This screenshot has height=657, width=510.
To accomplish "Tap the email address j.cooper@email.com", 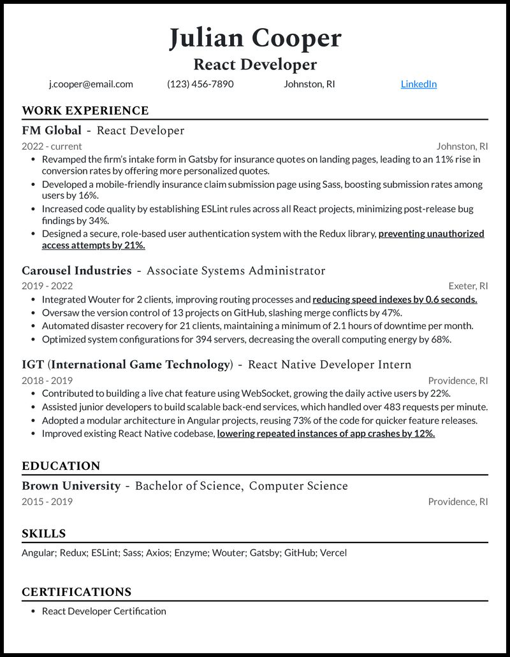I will click(x=91, y=84).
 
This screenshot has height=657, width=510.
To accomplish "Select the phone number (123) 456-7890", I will click(x=200, y=84).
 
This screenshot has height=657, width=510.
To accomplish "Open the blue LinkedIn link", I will click(x=418, y=84).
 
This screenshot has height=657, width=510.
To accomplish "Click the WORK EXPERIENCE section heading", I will click(x=85, y=111).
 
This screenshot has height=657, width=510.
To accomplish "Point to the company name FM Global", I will click(x=52, y=131).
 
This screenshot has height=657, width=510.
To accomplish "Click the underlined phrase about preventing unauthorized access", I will click(x=431, y=234).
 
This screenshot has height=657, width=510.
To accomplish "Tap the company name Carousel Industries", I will click(x=76, y=271).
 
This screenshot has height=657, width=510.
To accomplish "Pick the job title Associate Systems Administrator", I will click(x=236, y=271).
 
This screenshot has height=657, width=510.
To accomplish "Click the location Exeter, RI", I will click(x=469, y=286).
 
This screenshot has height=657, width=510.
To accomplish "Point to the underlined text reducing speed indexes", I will click(x=395, y=299).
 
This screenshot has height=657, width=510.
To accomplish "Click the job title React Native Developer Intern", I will click(x=329, y=365).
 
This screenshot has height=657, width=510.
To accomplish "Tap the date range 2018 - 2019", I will click(x=47, y=381).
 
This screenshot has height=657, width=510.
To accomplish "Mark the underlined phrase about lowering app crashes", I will click(x=326, y=433).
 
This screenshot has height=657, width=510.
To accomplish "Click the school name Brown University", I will click(x=71, y=486).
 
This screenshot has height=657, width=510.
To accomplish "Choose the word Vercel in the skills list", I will click(x=333, y=553).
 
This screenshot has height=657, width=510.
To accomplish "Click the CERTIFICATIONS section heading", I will click(x=76, y=592).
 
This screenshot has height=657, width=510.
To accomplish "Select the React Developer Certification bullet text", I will click(x=104, y=611).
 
